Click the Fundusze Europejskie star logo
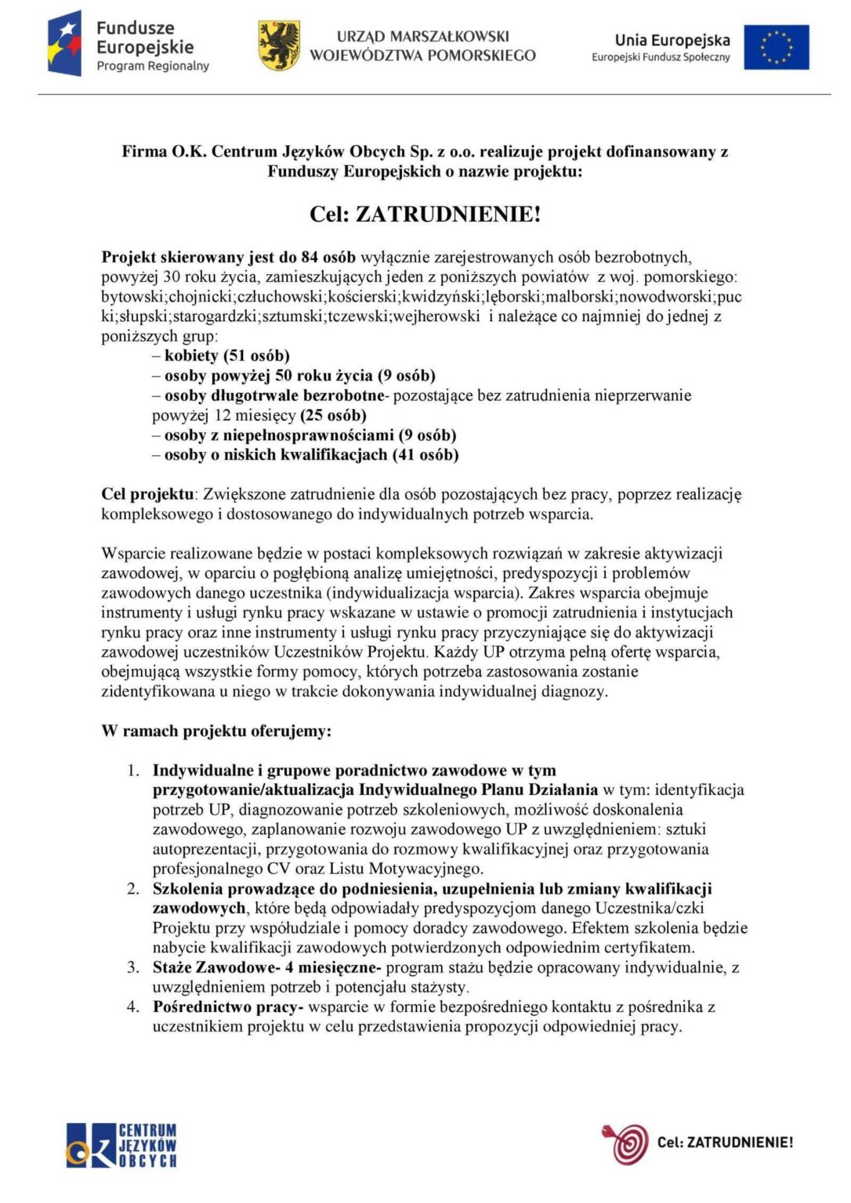coord(65,44)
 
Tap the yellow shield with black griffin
coord(279,45)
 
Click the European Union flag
coord(776,47)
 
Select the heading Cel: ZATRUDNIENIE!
coord(425,214)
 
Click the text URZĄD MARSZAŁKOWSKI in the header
coord(422,36)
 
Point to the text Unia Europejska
coord(672,40)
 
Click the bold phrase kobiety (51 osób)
coord(226,356)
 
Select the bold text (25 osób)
coord(333,415)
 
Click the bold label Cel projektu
coord(147,494)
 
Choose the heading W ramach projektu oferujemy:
coord(216,731)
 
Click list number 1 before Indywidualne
coord(133,771)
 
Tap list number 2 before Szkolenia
coord(133,889)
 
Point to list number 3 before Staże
coord(133,967)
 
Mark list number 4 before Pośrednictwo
coord(133,1006)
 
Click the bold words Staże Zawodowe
coord(213,967)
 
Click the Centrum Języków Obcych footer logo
coord(121,1144)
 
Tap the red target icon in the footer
coord(626,1143)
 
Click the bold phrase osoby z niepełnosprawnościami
coord(278,435)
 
